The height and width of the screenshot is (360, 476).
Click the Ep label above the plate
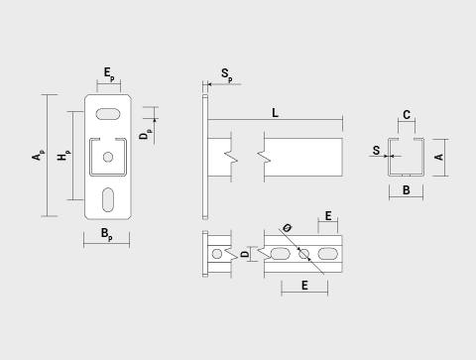pos(109,74)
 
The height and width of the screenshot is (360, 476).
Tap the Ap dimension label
pos(38,155)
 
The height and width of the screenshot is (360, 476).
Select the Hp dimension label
pos(63,155)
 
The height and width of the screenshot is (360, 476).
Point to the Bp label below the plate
pos(107,234)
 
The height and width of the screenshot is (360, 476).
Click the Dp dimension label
pos(146,134)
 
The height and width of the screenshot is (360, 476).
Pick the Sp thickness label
pos(227,74)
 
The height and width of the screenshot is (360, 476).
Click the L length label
pos(275,113)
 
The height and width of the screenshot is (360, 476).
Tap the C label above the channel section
pos(407,115)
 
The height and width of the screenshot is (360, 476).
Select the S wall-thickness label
pos(376,151)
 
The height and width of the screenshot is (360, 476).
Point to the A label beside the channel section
pos(439,157)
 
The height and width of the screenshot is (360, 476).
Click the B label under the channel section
pos(407,190)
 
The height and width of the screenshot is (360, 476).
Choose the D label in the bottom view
pos(245,254)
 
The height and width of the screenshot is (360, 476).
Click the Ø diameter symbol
pos(288,228)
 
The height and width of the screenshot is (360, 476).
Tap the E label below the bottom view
pos(304,286)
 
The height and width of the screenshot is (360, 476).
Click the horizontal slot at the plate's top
pos(108,114)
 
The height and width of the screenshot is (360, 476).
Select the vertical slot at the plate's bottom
pos(108,199)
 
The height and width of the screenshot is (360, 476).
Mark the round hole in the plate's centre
pos(108,157)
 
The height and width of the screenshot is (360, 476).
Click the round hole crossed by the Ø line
pos(303,254)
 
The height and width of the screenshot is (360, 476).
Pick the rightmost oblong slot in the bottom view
pos(327,254)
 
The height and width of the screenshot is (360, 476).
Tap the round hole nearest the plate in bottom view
pos(217,254)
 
